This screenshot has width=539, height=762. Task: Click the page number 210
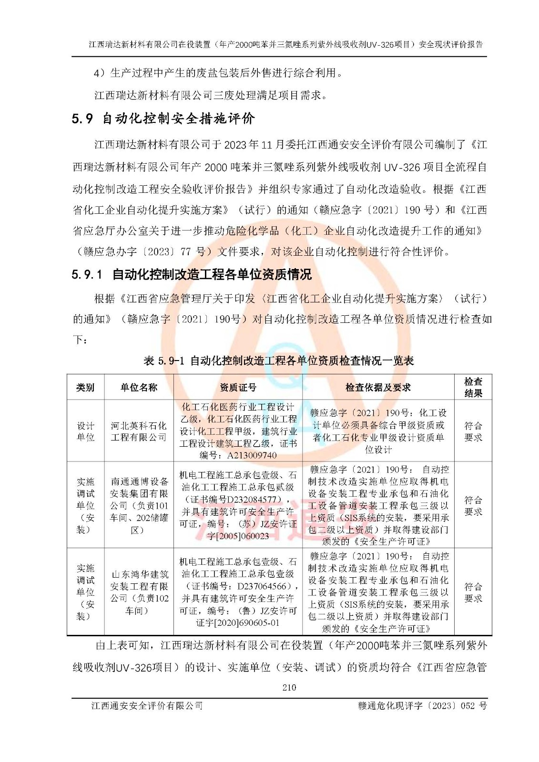pos(289,687)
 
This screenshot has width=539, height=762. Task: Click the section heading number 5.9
pos(82,119)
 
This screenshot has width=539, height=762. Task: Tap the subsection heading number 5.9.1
pos(87,275)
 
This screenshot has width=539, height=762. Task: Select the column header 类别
pos(85,388)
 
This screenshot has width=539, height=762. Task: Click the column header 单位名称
pos(139,388)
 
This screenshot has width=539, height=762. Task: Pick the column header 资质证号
pos(238,388)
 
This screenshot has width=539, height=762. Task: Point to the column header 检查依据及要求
pos(378,388)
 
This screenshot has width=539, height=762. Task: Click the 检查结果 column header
pos(473,387)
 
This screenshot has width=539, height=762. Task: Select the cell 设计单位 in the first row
pos(86,431)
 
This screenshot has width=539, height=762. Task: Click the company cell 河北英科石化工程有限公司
pos(139,431)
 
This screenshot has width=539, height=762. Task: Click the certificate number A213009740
pos(252,455)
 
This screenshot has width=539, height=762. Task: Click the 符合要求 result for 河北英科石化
pos(473,431)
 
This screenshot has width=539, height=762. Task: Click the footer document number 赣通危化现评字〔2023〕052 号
pos(422,706)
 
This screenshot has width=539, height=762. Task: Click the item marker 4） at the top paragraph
pos(99,73)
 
